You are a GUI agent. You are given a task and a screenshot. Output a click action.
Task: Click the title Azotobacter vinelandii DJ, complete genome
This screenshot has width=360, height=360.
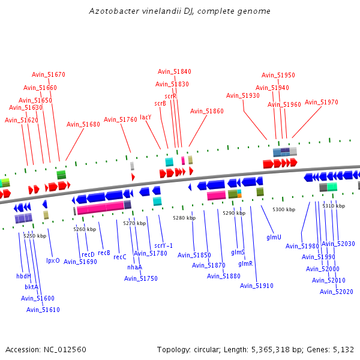tap(179, 11)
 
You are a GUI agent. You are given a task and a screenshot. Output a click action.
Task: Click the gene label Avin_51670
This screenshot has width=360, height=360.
tap(49, 74)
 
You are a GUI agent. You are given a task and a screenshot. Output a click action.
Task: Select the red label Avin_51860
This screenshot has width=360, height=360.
tap(207, 111)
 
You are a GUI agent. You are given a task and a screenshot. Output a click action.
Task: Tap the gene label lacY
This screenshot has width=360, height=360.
tap(145, 117)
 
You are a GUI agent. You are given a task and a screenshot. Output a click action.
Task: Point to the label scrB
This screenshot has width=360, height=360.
tap(160, 103)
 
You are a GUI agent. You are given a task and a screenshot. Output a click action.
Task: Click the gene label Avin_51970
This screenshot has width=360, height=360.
tap(322, 102)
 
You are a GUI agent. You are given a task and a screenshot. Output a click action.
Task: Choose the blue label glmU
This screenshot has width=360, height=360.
tap(274, 238)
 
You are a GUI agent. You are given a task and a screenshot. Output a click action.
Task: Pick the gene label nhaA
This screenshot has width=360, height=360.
tap(135, 267)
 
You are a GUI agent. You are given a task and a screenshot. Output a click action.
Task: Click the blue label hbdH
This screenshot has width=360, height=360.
tap(23, 276)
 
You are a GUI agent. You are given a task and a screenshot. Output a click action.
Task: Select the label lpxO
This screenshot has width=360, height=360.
tap(53, 260)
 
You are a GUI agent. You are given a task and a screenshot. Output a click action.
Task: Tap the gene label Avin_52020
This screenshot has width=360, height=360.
tap(337, 292)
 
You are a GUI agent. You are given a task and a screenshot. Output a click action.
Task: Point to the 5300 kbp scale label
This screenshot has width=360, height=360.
tap(283, 209)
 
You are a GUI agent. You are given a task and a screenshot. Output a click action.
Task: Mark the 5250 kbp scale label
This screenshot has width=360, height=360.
tap(35, 236)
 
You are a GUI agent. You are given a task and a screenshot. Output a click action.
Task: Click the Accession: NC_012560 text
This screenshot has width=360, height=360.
tap(46, 349)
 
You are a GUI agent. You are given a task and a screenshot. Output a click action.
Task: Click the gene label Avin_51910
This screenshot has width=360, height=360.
tap(257, 286)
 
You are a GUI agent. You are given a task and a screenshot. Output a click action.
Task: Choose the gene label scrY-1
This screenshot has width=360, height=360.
tap(164, 245)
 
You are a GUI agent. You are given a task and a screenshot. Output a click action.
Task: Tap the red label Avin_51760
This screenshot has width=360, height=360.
tap(121, 119)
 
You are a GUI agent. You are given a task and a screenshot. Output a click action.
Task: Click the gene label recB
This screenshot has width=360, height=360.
tap(104, 253)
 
